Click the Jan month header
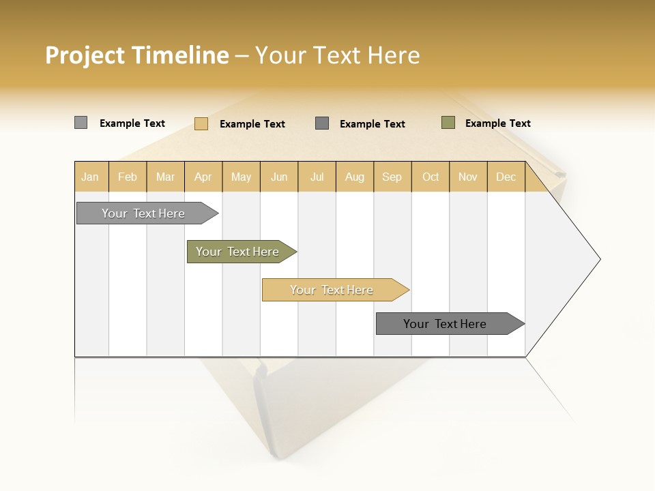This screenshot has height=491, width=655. (90, 177)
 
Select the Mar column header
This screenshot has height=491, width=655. (165, 177)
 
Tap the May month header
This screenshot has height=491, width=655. (241, 177)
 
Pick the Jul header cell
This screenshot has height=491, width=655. (317, 177)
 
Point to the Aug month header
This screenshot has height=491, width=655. (354, 177)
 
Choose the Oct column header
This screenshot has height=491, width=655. (431, 177)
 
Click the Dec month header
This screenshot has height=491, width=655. (506, 177)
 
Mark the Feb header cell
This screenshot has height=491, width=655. (128, 177)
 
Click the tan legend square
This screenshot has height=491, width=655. (201, 123)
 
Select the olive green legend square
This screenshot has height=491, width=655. (448, 123)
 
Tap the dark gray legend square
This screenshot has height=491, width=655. (322, 123)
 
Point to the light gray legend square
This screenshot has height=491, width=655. (81, 123)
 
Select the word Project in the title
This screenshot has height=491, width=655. (85, 55)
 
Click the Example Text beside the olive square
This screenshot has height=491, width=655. (497, 123)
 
